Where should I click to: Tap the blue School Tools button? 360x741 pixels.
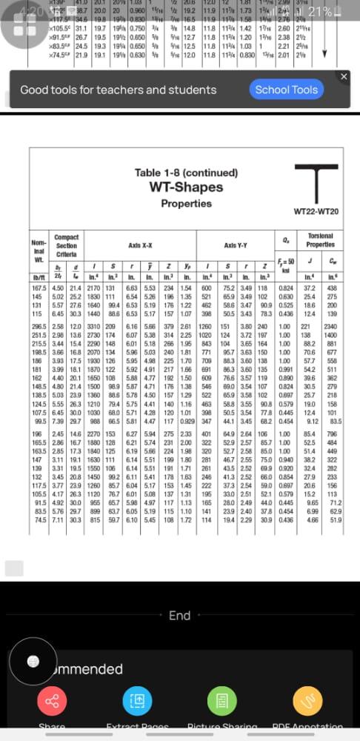286,90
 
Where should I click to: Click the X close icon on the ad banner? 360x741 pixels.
343,76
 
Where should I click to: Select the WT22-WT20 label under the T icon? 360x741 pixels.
316,212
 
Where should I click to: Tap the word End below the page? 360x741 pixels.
179,615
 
